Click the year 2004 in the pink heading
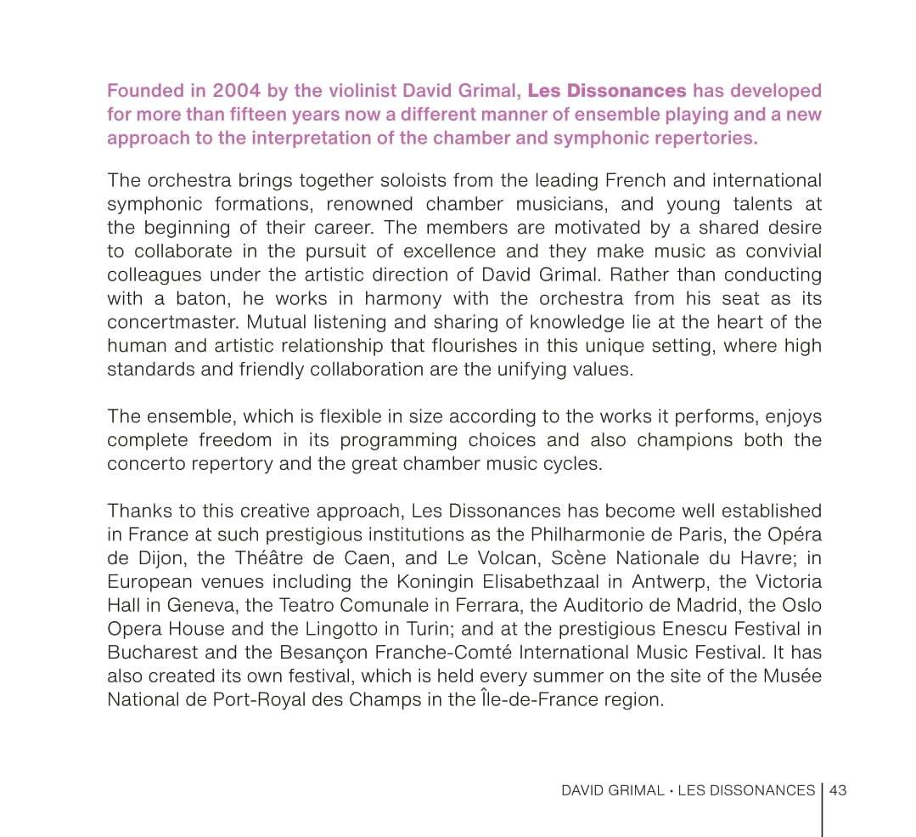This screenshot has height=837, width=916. (x=237, y=91)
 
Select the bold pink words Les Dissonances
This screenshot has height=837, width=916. (x=607, y=91)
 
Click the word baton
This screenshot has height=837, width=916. (x=200, y=299)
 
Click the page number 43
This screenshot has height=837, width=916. (x=838, y=790)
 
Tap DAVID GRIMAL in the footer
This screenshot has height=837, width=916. (x=612, y=790)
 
